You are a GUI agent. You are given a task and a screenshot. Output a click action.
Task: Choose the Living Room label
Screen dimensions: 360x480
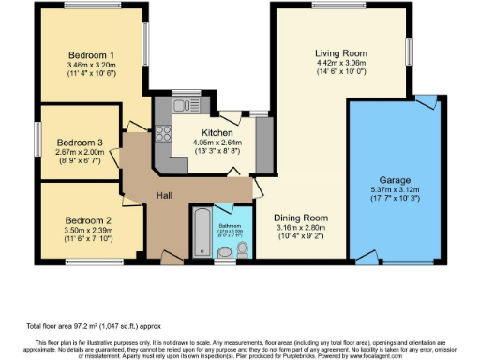339,53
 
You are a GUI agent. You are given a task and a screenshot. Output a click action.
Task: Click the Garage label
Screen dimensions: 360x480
401,179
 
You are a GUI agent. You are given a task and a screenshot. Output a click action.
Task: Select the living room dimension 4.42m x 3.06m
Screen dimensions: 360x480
339,64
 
